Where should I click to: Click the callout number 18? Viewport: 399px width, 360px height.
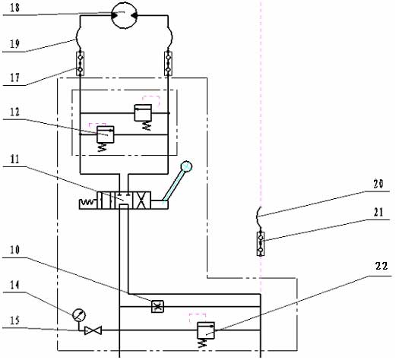[x=14, y=7]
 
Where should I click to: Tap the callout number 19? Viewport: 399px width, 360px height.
[x=14, y=43]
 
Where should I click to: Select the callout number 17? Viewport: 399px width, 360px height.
[x=14, y=77]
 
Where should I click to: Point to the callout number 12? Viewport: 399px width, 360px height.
[x=14, y=112]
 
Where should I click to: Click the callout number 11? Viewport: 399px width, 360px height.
[x=14, y=159]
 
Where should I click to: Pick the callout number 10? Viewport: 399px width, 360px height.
[x=14, y=250]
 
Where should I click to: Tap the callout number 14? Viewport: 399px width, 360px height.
[x=14, y=285]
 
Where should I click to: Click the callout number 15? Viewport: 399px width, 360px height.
[x=14, y=320]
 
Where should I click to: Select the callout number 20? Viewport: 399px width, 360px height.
[x=378, y=184]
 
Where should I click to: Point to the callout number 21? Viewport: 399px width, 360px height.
[x=378, y=212]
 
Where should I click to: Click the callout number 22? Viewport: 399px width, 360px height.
[x=381, y=266]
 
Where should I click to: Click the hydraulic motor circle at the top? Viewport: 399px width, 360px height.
[x=125, y=15]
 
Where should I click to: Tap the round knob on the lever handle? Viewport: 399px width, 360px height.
[x=186, y=166]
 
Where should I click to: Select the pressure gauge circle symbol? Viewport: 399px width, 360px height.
[x=79, y=315]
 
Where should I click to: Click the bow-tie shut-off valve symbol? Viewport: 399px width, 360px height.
[x=93, y=330]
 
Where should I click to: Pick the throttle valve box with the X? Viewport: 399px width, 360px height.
[x=157, y=306]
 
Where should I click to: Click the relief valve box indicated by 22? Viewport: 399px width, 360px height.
[x=206, y=330]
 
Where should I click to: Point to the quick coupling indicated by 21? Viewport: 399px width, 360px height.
[x=261, y=244]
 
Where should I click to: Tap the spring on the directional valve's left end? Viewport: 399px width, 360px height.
[x=88, y=203]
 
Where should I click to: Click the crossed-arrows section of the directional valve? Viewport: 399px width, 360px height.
[x=141, y=201]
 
